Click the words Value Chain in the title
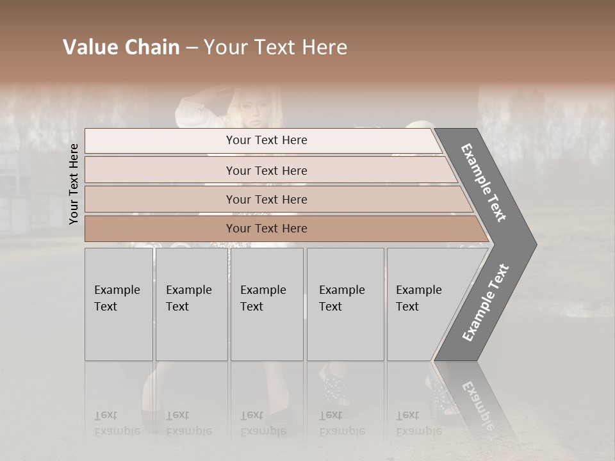coord(121,47)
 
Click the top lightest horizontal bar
coord(266,140)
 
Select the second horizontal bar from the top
coord(266,170)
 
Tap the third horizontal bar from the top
coord(266,199)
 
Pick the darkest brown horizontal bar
coord(266,229)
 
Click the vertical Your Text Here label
coord(74,184)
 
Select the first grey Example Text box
coord(119,304)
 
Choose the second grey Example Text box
coord(191,304)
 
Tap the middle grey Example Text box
coord(266,304)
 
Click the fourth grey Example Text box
coord(345,304)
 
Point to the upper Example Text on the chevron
coord(484,182)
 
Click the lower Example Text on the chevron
coord(486,302)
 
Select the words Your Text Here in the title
coord(275,47)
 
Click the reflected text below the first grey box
coord(117,423)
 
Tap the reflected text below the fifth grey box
coord(418,423)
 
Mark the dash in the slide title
coord(192,47)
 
